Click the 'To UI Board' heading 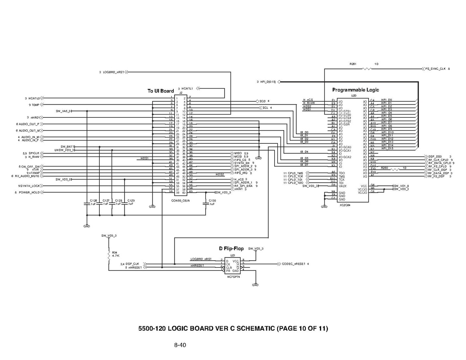pos(161,91)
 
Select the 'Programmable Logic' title pos(356,90)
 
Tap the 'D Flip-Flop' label pos(231,248)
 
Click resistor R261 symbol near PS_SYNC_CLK pos(366,69)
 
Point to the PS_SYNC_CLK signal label pos(435,69)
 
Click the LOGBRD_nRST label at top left pos(114,72)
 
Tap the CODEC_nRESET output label pos(294,264)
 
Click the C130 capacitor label pos(212,200)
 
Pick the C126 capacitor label pos(94,200)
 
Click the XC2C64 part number pos(345,205)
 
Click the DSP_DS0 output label pos(435,156)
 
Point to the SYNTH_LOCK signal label pos(30,186)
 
